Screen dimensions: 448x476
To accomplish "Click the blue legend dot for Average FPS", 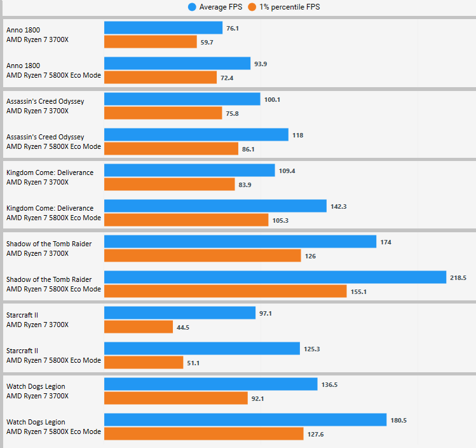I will (192, 8).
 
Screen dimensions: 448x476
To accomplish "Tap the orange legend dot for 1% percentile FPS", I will (252, 8).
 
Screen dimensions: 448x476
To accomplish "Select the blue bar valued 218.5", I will (275, 277).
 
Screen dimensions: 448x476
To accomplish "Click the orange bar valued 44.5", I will (138, 327).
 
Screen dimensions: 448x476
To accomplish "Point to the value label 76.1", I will (233, 29).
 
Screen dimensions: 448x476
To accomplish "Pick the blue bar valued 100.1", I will (182, 99).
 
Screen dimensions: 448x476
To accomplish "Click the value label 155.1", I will (359, 291).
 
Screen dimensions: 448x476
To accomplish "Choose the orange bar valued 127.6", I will (203, 434).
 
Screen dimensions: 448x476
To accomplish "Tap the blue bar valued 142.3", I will (215, 206).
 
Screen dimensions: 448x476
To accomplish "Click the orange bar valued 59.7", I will (150, 42).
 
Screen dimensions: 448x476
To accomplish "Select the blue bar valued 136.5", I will (210, 384).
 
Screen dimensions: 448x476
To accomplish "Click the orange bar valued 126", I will (202, 256).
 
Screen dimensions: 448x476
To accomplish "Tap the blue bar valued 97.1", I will (180, 313).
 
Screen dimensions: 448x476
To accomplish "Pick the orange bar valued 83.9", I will (169, 185).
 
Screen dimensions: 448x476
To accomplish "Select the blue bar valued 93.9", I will (177, 64).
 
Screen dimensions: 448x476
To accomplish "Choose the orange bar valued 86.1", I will (170, 149).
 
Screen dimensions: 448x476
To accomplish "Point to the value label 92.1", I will (260, 399).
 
